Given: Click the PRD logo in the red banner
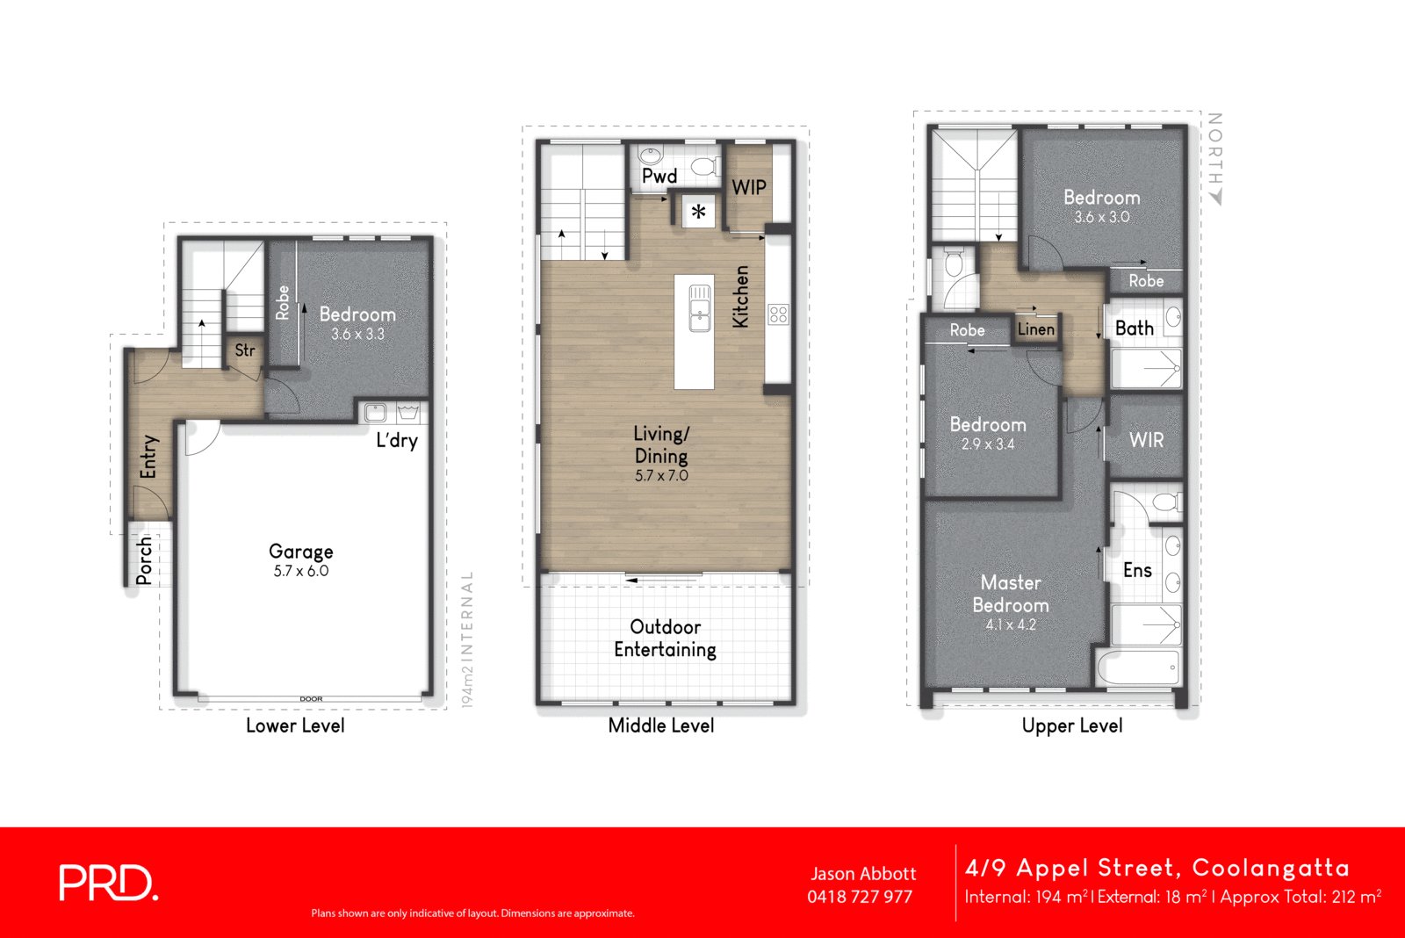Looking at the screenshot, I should (108, 883).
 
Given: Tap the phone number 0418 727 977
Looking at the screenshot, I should (859, 897).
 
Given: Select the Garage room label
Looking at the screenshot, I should (300, 552).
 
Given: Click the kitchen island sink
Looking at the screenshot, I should (700, 307).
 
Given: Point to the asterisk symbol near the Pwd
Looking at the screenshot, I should (698, 212).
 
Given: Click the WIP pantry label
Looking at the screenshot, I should (748, 187).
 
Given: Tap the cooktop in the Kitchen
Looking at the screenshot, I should (778, 314).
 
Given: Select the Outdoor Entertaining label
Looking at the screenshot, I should (665, 639).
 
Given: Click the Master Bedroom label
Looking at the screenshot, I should (1010, 594).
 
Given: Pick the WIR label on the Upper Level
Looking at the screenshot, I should (1146, 440).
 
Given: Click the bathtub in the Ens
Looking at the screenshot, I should (1138, 667).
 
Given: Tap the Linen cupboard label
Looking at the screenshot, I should (1035, 329).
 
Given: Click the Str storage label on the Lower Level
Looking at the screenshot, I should (245, 350).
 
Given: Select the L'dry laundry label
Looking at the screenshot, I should (397, 440).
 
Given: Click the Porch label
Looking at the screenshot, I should (145, 560).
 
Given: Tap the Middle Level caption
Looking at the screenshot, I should (660, 725).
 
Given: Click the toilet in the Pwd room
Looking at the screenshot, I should (704, 167).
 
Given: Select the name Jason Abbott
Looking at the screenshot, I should (862, 874).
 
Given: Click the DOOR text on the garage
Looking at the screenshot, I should (311, 699).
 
